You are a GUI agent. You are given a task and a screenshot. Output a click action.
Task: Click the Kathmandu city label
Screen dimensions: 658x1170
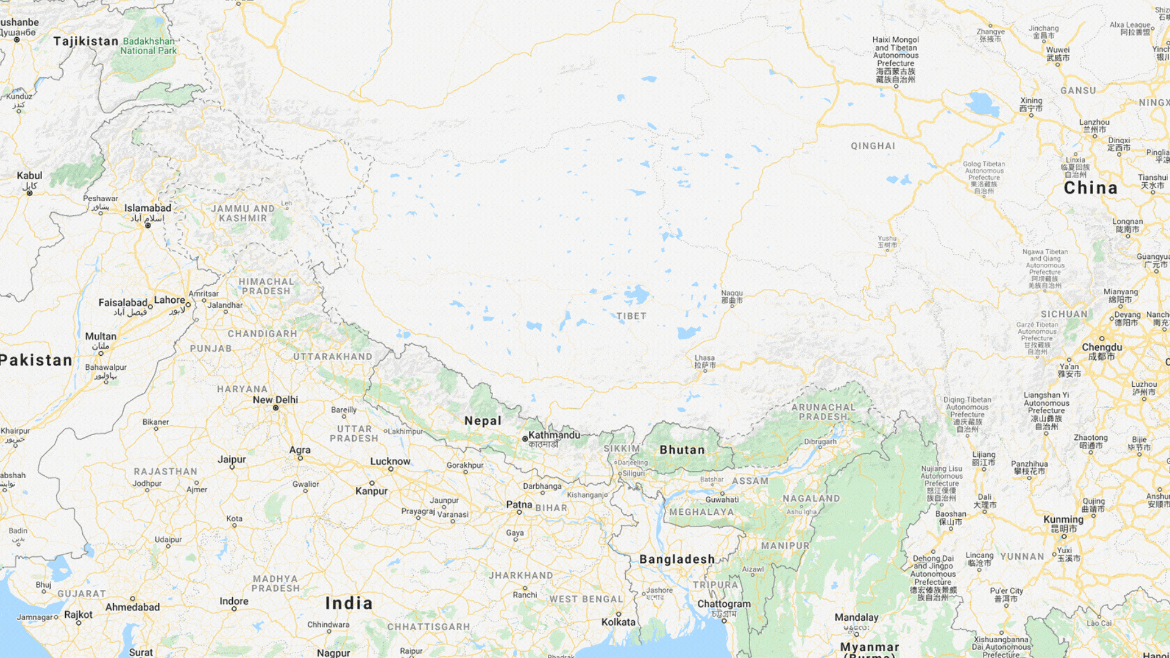(x=554, y=435)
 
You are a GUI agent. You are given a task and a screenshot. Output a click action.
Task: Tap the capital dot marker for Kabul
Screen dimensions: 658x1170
(x=29, y=193)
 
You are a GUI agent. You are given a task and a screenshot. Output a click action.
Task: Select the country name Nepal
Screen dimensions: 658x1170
(x=483, y=421)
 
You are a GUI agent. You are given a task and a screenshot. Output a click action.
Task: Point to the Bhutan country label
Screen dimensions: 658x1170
(x=682, y=450)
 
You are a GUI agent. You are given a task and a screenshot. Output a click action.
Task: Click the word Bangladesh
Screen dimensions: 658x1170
(x=677, y=559)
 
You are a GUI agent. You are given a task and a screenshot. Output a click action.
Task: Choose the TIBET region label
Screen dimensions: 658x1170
(x=631, y=316)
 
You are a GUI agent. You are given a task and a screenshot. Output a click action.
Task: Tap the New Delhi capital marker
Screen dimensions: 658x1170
(x=275, y=408)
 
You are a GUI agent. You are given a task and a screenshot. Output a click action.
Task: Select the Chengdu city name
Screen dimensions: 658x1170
(x=1102, y=347)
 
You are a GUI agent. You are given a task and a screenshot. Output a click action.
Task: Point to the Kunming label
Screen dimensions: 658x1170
(x=1063, y=520)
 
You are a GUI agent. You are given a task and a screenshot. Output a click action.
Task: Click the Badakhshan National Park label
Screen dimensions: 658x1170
(x=148, y=46)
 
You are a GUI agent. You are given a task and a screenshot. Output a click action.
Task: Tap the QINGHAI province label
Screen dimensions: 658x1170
(x=873, y=146)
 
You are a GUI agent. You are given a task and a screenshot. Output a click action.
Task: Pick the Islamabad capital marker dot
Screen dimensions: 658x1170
(x=147, y=225)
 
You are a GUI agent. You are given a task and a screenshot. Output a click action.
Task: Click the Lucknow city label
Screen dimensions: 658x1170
(x=390, y=462)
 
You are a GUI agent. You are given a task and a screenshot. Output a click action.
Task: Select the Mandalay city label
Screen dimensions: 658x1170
(x=856, y=618)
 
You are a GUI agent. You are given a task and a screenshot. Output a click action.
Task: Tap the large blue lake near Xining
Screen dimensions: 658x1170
(x=982, y=104)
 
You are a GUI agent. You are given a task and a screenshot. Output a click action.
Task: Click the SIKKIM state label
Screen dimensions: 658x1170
(x=622, y=448)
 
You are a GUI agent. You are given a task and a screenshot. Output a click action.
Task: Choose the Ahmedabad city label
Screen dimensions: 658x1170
(x=132, y=607)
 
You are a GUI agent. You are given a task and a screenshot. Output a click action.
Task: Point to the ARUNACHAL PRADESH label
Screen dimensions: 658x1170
(x=823, y=412)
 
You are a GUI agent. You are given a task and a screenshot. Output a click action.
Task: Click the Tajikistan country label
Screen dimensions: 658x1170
(x=86, y=41)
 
